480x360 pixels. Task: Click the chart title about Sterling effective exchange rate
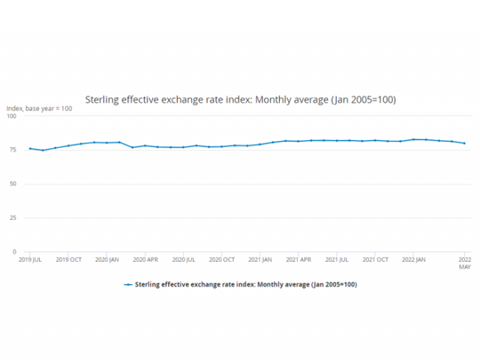pos(240,99)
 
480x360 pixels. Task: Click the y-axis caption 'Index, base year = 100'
pos(40,109)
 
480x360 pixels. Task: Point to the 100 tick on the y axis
pos(11,116)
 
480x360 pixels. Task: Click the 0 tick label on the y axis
pos(13,251)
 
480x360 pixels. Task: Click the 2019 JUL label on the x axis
pos(30,259)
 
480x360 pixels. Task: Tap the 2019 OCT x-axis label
pos(69,259)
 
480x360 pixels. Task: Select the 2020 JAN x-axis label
pos(107,259)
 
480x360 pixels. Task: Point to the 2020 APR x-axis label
pos(145,259)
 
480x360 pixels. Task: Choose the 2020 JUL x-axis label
pos(184,259)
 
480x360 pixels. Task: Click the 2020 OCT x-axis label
pos(222,259)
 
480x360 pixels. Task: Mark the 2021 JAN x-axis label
pos(260,259)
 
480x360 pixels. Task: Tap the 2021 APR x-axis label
pos(298,259)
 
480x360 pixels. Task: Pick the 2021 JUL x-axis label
pos(337,259)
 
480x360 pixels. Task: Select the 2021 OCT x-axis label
pos(375,259)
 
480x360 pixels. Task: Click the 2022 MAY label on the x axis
pos(464,262)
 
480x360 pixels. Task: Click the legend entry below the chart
pos(240,285)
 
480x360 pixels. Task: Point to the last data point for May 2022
pos(464,143)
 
